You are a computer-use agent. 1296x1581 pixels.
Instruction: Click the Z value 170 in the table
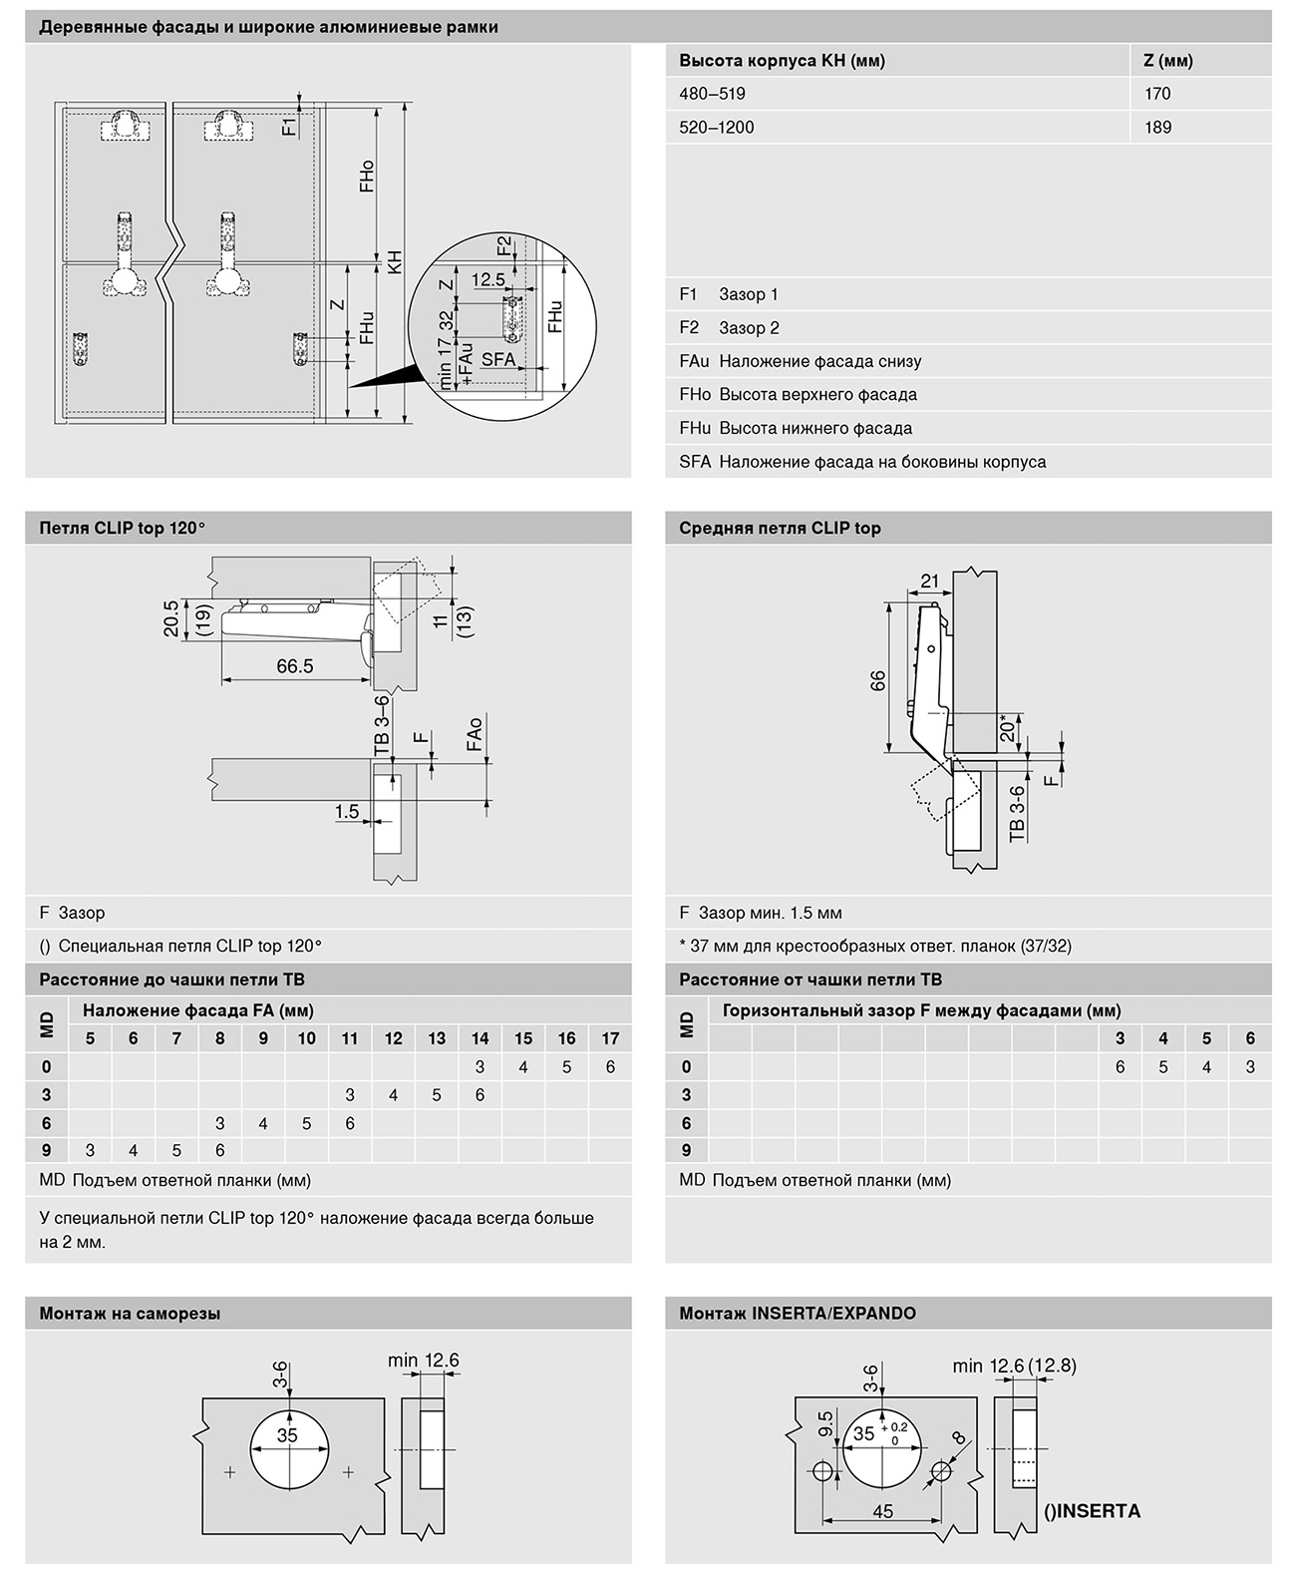(1157, 94)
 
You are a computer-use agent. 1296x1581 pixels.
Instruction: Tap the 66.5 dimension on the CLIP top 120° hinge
(294, 666)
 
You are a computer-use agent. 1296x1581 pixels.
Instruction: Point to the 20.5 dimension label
(172, 617)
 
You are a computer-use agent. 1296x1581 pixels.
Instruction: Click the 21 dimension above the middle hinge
(929, 582)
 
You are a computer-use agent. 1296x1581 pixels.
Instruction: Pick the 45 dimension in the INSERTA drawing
(882, 1511)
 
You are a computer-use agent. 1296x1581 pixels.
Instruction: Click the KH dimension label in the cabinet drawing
(395, 262)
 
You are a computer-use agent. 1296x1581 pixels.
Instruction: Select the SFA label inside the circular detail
(498, 359)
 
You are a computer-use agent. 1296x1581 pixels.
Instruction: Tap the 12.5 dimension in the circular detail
(488, 280)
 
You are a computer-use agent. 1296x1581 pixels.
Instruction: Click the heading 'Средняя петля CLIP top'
(780, 529)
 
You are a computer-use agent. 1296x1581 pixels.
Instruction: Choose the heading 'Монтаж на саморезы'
(130, 1314)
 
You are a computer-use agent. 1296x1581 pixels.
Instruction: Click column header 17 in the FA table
(610, 1038)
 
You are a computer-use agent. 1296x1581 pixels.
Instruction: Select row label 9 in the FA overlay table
(46, 1150)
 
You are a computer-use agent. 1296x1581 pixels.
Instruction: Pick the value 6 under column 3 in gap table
(1120, 1066)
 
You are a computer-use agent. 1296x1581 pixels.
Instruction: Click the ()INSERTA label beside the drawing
(1092, 1510)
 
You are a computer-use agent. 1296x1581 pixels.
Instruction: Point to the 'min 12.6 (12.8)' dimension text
(1014, 1366)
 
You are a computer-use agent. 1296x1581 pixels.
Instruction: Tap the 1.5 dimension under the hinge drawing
(347, 812)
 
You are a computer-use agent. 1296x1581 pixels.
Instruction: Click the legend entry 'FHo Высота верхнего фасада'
(798, 395)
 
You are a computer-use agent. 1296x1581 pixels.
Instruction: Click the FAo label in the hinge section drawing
(475, 733)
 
